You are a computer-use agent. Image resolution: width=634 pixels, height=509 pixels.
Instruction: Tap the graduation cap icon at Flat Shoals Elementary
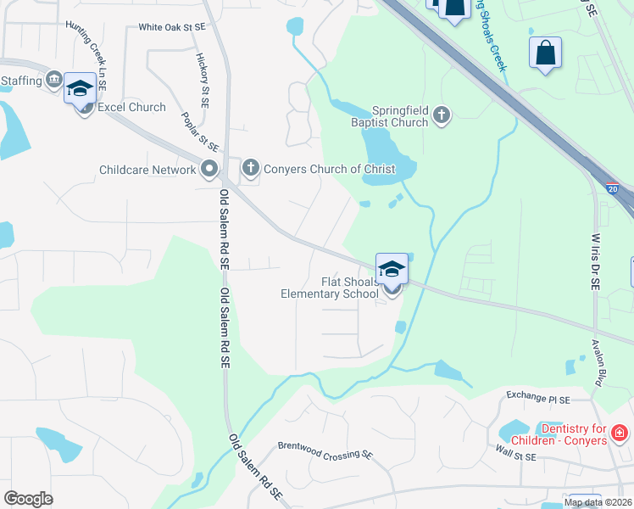pos(392,269)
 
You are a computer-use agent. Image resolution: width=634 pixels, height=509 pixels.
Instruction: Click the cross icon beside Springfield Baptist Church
pos(441,115)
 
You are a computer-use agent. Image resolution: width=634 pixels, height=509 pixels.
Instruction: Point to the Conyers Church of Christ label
pos(329,169)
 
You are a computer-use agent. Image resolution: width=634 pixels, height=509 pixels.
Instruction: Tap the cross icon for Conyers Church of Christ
pos(250,168)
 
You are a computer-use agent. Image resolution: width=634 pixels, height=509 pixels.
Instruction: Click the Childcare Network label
pos(147,170)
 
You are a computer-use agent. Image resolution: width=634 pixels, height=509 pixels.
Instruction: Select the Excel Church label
pos(131,108)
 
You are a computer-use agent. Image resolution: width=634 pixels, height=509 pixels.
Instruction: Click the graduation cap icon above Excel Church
pos(80,87)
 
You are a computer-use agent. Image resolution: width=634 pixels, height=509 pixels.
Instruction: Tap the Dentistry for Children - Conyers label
pos(574,433)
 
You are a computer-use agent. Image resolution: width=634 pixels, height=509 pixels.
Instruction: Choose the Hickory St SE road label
pos(203,81)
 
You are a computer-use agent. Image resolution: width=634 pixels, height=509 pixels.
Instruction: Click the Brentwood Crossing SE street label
pos(325,450)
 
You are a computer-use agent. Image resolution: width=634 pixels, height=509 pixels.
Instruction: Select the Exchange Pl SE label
pos(538,396)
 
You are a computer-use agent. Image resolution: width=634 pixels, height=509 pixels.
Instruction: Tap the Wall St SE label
pos(516,456)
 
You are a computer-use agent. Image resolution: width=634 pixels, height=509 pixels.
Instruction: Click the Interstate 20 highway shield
pos(614,185)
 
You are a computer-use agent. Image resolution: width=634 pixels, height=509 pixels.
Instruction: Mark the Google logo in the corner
pos(28,499)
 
